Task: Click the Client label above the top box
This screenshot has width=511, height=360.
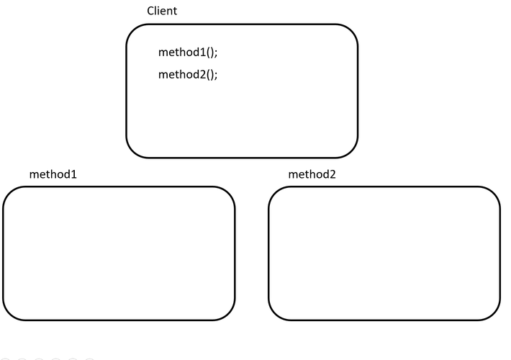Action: pyautogui.click(x=162, y=11)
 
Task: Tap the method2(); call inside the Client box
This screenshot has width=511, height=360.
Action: pyautogui.click(x=187, y=74)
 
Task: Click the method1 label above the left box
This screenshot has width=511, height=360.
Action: pyautogui.click(x=53, y=174)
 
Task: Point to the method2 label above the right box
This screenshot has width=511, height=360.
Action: pyautogui.click(x=312, y=174)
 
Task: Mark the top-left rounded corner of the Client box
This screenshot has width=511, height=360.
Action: pyautogui.click(x=132, y=30)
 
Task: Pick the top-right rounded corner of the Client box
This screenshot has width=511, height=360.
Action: pyautogui.click(x=351, y=30)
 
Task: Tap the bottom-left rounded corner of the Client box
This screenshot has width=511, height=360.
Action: pyautogui.click(x=132, y=151)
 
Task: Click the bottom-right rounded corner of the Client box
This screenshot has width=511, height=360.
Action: pyautogui.click(x=351, y=151)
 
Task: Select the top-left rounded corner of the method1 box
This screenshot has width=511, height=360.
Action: pyautogui.click(x=9, y=193)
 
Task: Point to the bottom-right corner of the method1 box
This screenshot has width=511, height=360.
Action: pyautogui.click(x=228, y=314)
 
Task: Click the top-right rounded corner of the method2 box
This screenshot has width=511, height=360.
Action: pyautogui.click(x=494, y=193)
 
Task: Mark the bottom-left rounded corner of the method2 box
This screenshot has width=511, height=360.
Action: pyautogui.click(x=275, y=314)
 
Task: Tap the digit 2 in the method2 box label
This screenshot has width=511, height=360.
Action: pyautogui.click(x=332, y=174)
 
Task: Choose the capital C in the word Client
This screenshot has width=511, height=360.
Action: pyautogui.click(x=150, y=11)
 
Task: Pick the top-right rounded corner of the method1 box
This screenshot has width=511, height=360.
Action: pyautogui.click(x=228, y=193)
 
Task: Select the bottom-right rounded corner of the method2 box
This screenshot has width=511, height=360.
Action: pyautogui.click(x=494, y=314)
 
